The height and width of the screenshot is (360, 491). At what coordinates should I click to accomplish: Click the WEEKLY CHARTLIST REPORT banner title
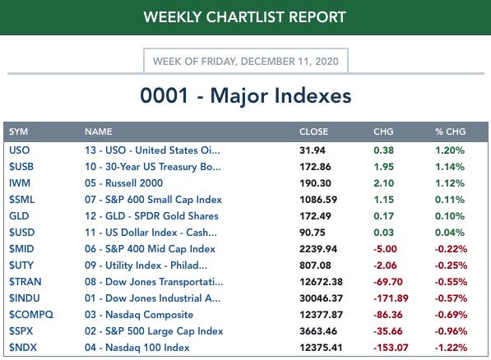pyautogui.click(x=244, y=17)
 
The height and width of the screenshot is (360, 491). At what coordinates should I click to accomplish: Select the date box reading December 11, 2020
pyautogui.click(x=245, y=61)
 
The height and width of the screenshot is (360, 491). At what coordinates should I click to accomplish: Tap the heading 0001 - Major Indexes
pyautogui.click(x=245, y=95)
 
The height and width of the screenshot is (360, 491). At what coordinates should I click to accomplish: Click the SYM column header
pyautogui.click(x=18, y=132)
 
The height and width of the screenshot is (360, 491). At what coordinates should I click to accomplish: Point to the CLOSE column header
pyautogui.click(x=314, y=132)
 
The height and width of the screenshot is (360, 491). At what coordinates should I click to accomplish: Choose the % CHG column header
pyautogui.click(x=451, y=132)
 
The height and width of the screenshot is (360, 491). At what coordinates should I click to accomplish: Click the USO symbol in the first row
pyautogui.click(x=20, y=150)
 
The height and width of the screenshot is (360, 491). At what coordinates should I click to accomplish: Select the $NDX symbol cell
pyautogui.click(x=23, y=348)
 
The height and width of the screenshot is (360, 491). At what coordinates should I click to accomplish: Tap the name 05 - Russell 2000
pyautogui.click(x=123, y=183)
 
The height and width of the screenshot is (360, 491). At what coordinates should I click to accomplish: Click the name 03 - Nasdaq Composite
pyautogui.click(x=139, y=315)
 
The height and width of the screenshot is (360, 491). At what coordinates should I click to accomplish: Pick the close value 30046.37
pyautogui.click(x=321, y=298)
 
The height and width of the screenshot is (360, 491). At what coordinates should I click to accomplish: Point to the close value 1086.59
pyautogui.click(x=318, y=200)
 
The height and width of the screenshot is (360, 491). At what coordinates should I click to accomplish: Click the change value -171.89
pyautogui.click(x=391, y=298)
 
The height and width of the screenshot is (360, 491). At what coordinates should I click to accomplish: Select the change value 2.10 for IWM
pyautogui.click(x=383, y=183)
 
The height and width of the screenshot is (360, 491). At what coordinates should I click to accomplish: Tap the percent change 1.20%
pyautogui.click(x=450, y=150)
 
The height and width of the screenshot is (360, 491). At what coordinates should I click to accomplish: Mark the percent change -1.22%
pyautogui.click(x=451, y=348)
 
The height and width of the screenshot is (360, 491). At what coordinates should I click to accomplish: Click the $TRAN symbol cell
pyautogui.click(x=25, y=282)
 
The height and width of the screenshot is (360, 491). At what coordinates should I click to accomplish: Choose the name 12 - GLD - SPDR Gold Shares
pyautogui.click(x=151, y=216)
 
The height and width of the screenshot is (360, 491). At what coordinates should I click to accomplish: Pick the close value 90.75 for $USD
pyautogui.click(x=313, y=233)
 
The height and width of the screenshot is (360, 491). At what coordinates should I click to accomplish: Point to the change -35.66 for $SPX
pyautogui.click(x=387, y=331)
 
